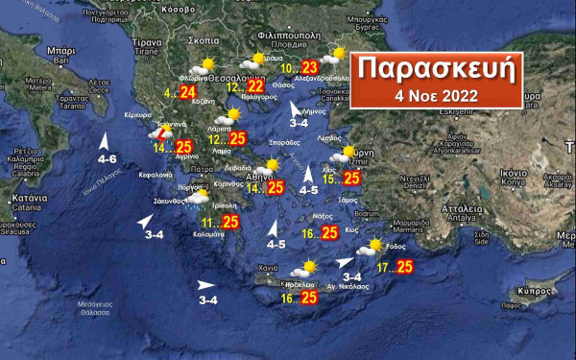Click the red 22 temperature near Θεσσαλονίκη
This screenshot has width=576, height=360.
click(x=255, y=86)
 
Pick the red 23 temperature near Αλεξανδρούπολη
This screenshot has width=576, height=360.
click(x=309, y=67)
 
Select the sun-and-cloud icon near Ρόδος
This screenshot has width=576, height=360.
click(x=369, y=249)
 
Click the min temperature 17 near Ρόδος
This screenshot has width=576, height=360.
click(x=382, y=267)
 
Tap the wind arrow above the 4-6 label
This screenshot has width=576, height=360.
click(x=104, y=142)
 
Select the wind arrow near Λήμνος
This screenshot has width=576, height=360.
click(x=297, y=109)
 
